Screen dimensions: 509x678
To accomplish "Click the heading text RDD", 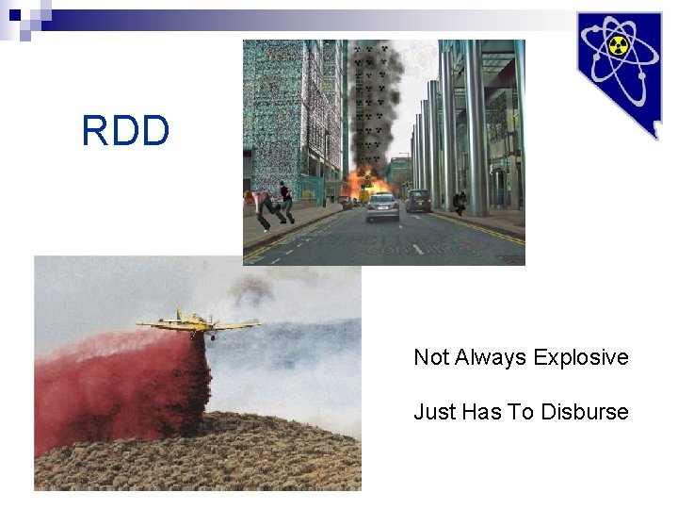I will point(125,131).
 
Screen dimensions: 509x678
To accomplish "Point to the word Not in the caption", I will point(431,357).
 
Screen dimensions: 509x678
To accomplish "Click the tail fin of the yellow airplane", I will point(180,315).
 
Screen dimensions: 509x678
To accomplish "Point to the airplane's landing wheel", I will point(214,337).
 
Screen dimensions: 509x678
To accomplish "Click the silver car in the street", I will point(382,206).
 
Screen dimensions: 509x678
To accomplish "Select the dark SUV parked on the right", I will point(418,200).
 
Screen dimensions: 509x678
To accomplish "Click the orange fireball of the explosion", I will point(361,183).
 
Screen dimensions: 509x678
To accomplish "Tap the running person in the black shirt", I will point(284,201).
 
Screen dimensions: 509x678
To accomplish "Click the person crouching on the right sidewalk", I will point(460,202).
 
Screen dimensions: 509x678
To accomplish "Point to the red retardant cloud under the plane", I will point(122,386).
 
